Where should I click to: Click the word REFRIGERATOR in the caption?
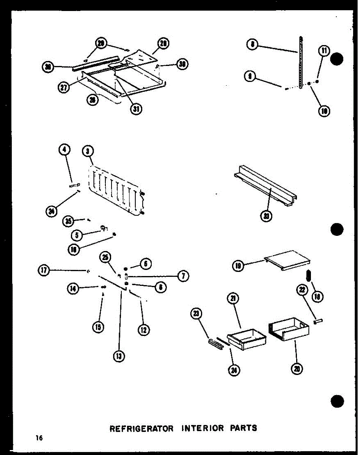click(141, 428)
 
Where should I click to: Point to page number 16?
click(39, 438)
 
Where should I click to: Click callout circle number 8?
click(252, 45)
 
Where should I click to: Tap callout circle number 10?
click(324, 111)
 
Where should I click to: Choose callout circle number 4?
click(64, 150)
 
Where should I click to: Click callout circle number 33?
click(267, 217)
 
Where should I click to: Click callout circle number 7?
click(183, 276)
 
